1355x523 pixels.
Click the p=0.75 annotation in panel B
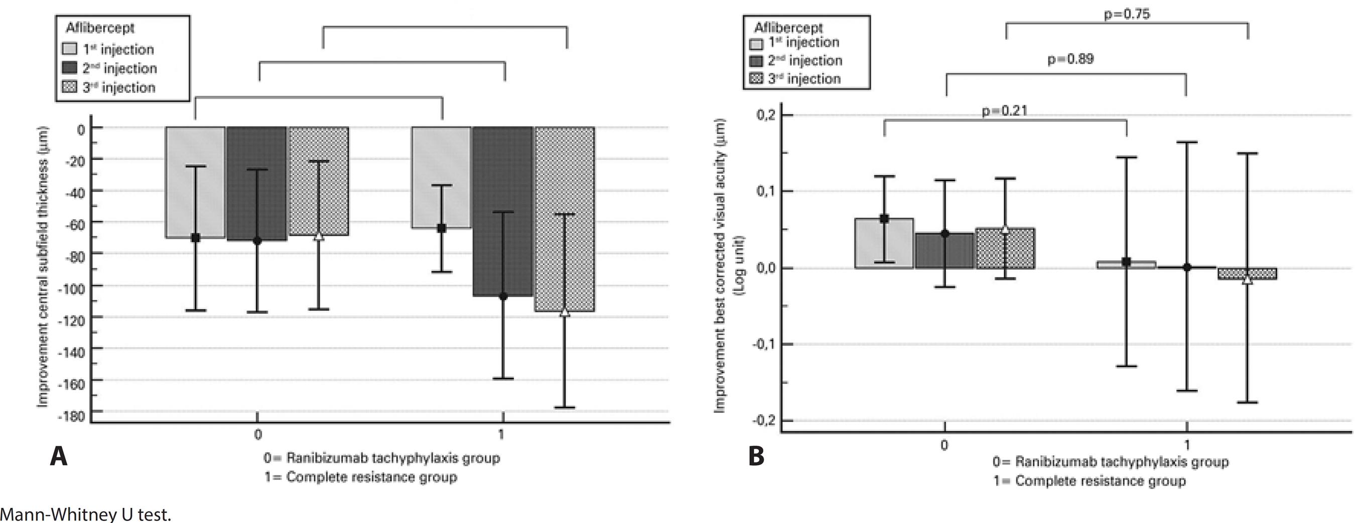(x=1127, y=14)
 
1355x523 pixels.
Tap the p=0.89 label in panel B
(x=1070, y=59)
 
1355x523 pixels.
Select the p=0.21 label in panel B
(x=1004, y=111)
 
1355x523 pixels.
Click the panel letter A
(x=58, y=456)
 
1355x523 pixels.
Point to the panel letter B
(x=756, y=456)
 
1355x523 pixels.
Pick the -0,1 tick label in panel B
(x=765, y=345)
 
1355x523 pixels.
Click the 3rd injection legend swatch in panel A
(x=70, y=87)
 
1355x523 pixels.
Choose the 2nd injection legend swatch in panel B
(x=756, y=61)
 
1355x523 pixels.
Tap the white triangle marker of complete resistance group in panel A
(x=565, y=312)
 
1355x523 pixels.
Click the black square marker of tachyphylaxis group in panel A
(x=195, y=238)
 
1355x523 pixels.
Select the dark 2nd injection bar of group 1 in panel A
(x=502, y=210)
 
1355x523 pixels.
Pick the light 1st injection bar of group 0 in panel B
(x=884, y=243)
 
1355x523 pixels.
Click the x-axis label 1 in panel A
(x=501, y=434)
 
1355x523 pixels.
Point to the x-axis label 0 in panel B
(x=944, y=445)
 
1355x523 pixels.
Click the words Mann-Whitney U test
(x=86, y=514)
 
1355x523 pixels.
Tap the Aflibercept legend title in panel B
(x=788, y=28)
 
